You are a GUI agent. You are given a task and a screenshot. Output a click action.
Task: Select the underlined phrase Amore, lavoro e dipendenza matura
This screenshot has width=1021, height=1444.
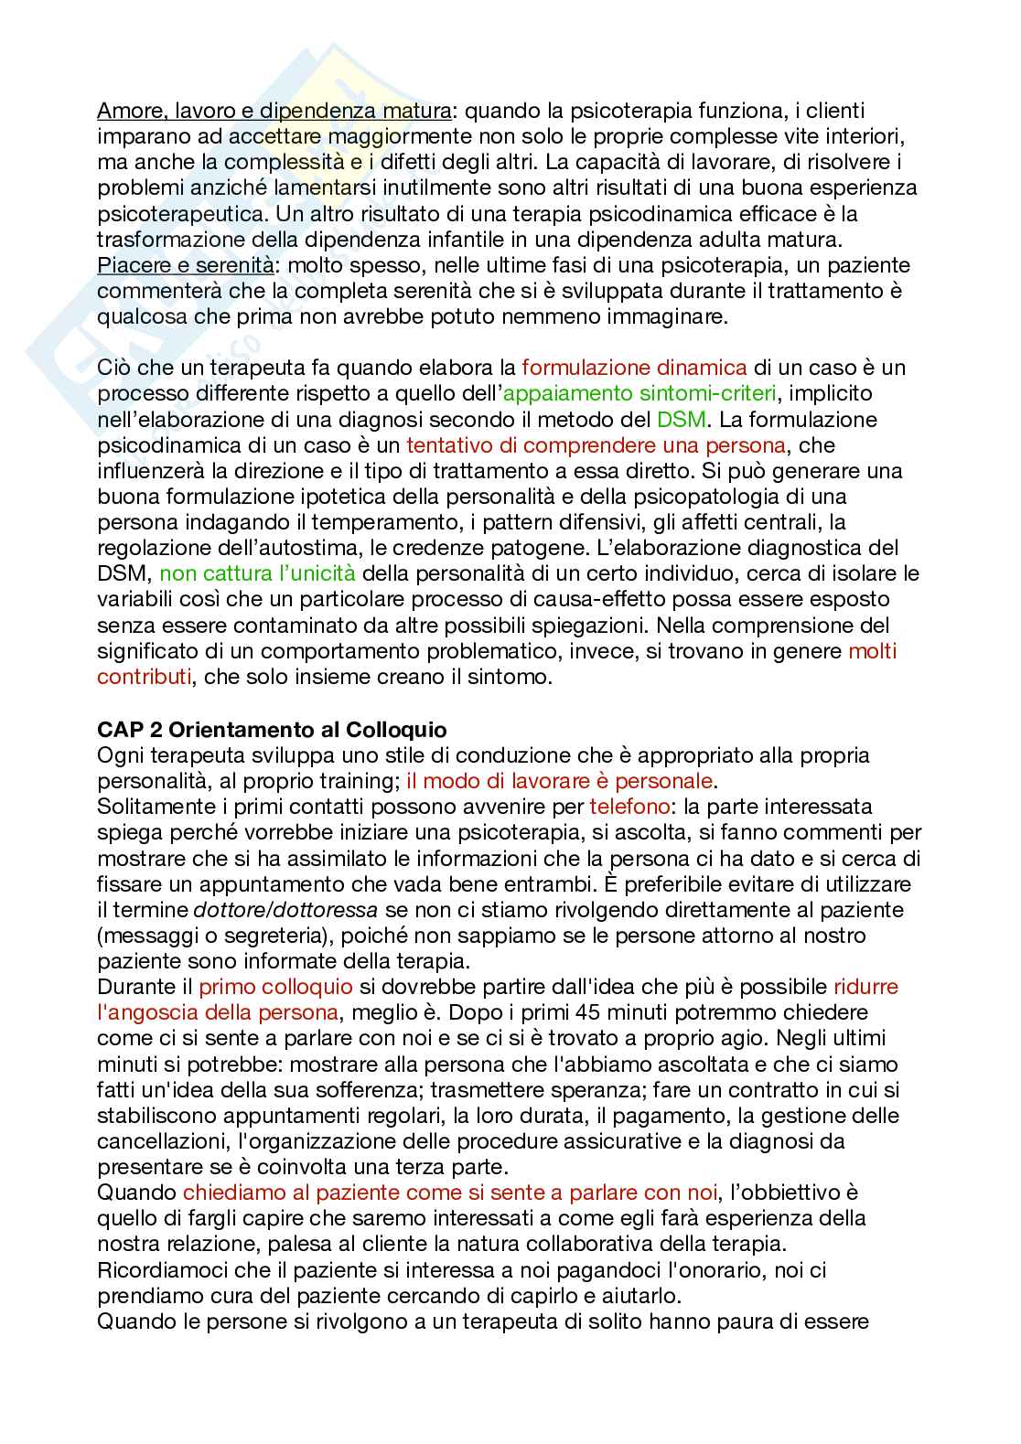point(274,112)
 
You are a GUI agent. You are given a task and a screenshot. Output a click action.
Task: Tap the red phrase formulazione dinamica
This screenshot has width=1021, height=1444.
point(634,368)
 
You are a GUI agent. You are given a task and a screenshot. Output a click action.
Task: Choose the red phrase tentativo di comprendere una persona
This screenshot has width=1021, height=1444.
point(596,445)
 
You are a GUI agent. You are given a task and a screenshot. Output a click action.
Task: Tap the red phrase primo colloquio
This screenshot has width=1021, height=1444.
point(275,987)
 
